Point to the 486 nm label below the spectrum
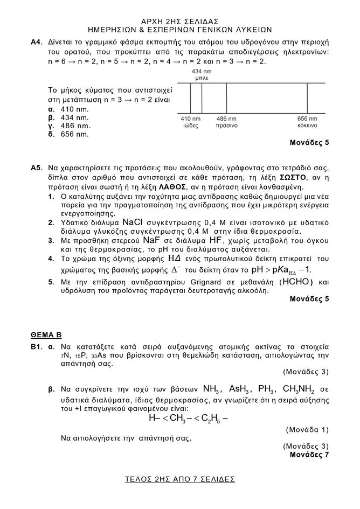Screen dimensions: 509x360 [226, 118]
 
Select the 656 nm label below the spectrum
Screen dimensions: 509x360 [307, 118]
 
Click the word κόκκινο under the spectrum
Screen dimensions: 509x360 [307, 125]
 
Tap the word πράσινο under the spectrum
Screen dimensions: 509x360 [227, 125]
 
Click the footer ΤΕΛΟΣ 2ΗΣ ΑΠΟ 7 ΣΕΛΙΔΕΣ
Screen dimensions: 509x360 [179, 479]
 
